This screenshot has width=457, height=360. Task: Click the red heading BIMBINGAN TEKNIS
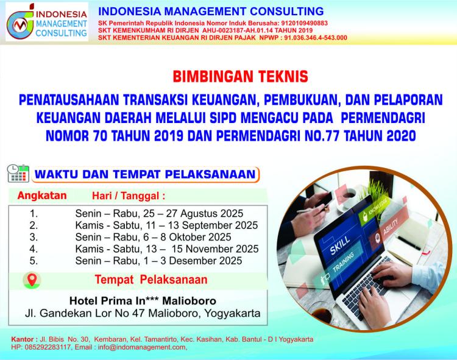[240, 77]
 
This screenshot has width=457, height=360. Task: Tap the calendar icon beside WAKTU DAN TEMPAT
[18, 174]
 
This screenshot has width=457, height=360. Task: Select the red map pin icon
[32, 280]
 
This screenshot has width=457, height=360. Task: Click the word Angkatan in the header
[42, 196]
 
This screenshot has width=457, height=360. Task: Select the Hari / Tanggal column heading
[129, 196]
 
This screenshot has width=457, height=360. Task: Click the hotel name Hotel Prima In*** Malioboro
[143, 300]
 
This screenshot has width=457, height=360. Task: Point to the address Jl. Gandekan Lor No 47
[85, 313]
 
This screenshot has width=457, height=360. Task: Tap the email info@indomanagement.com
[141, 347]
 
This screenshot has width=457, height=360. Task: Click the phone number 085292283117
[48, 347]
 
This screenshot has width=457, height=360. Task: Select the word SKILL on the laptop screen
[340, 245]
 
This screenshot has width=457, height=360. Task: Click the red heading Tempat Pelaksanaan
[151, 280]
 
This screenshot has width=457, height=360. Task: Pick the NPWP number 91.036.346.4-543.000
[316, 38]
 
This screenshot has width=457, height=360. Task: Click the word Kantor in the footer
[23, 340]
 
